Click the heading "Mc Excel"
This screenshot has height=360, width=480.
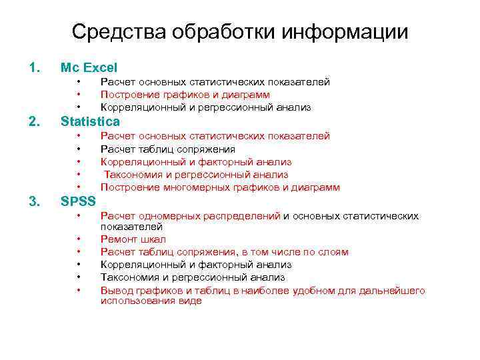(x=89, y=67)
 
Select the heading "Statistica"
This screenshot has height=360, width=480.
(x=90, y=121)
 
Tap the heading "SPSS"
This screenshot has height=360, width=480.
(x=79, y=201)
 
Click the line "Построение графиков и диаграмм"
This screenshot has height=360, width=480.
(x=185, y=95)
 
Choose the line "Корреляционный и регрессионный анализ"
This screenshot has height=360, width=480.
(x=196, y=107)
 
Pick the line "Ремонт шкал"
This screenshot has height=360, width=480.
(x=133, y=239)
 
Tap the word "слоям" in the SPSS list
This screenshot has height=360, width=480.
(x=333, y=251)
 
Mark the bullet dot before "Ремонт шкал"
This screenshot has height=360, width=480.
(x=79, y=239)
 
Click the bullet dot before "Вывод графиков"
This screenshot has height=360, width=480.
(x=79, y=290)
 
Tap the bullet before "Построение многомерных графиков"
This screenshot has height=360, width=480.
(x=79, y=187)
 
